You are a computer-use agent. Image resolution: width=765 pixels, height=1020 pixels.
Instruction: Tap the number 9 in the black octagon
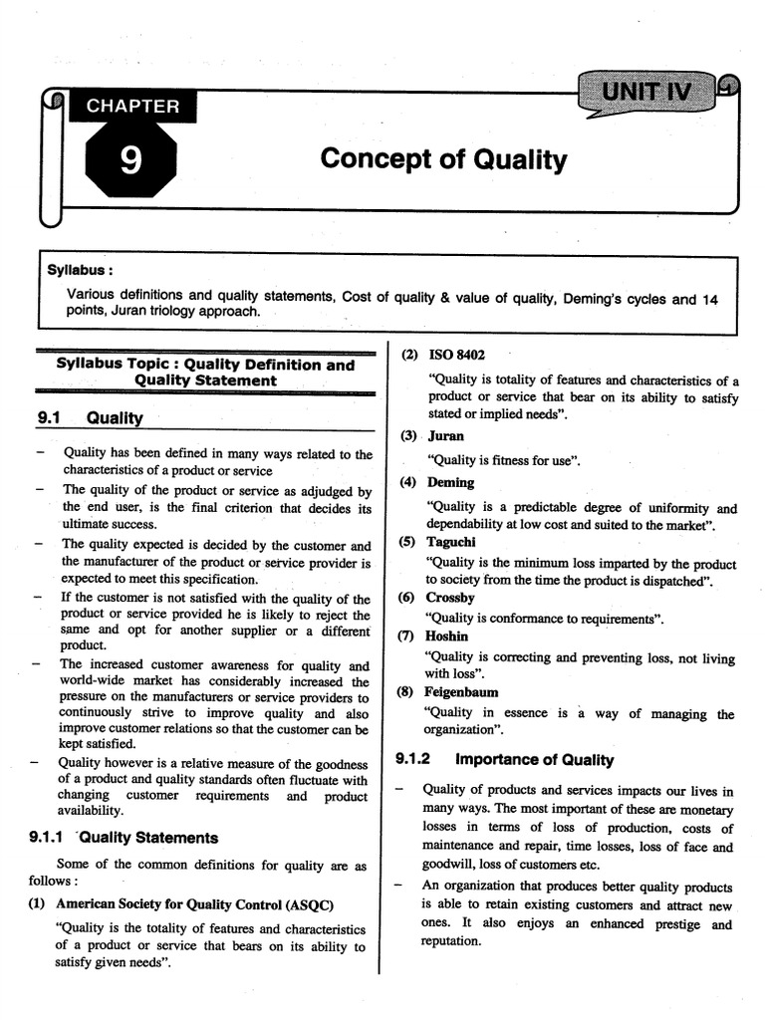coord(130,158)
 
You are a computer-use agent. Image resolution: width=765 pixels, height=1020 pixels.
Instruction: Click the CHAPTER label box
coord(131,106)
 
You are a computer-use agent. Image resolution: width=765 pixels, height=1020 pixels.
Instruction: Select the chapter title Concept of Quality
coord(443,159)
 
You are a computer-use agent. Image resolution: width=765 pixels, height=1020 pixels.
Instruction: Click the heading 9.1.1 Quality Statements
coord(124,838)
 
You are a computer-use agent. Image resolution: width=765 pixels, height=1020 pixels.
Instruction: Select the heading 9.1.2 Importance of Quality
coord(504,760)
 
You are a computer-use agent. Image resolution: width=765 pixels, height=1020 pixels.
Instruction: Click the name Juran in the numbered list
coord(445,436)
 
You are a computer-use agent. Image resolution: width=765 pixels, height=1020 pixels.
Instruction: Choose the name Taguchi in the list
coord(451,541)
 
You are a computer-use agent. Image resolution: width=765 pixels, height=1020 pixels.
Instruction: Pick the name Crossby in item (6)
coord(450,598)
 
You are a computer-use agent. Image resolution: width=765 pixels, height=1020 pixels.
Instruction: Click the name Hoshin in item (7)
coord(446,636)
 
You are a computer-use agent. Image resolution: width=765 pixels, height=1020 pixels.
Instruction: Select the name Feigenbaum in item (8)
coord(461,692)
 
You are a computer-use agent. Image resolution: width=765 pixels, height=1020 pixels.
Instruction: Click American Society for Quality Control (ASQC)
coord(194,904)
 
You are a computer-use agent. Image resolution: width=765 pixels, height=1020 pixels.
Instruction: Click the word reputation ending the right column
coord(451,942)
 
